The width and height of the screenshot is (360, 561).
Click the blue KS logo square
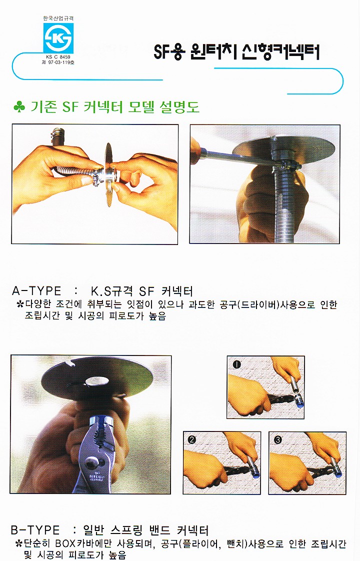tap(58, 38)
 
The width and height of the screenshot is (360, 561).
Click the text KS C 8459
tap(58, 57)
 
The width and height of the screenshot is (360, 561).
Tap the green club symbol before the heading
tap(19, 106)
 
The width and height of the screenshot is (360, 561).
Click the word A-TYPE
tap(36, 290)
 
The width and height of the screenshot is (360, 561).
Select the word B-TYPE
tap(35, 529)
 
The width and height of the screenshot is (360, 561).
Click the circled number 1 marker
tap(237, 364)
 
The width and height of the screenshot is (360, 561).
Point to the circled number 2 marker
tap(192, 439)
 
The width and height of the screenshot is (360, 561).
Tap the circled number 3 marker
tap(278, 439)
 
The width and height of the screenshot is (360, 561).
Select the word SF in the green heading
tap(70, 106)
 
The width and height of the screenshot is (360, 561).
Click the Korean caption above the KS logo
tap(58, 18)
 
